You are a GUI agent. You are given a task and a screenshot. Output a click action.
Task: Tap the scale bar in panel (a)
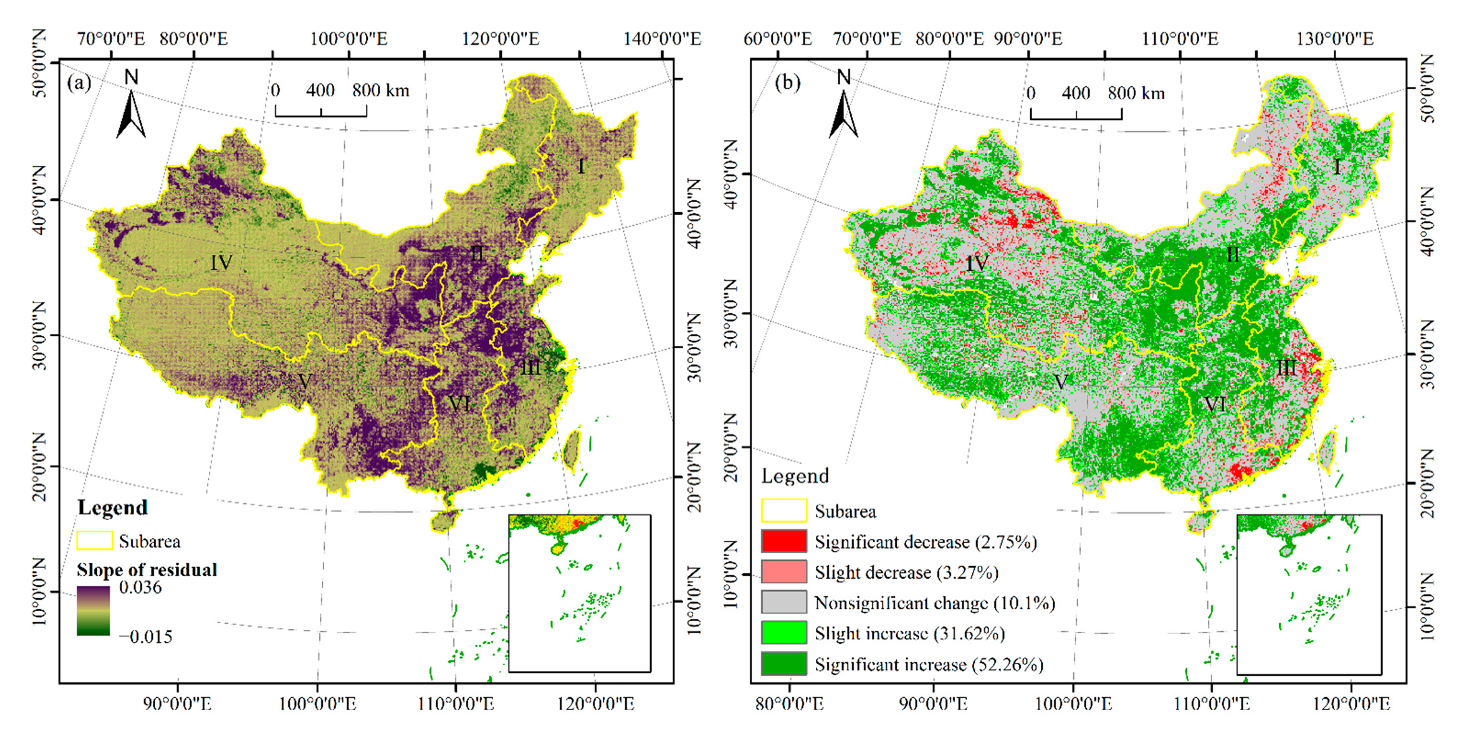point(321,111)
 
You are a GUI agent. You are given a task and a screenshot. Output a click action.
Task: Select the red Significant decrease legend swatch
point(784,541)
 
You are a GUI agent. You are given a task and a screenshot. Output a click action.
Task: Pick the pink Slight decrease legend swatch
point(784,572)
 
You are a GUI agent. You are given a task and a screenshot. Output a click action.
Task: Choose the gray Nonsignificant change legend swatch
point(784,602)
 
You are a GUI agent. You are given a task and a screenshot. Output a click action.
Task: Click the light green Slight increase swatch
point(784,633)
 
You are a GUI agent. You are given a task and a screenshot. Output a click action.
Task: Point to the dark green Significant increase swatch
point(784,664)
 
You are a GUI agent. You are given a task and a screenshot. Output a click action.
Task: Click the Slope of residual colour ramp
point(93,611)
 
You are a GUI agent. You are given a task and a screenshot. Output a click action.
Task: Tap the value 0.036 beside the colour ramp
point(140,587)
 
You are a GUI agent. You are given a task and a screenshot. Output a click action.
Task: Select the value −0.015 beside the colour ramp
point(146,637)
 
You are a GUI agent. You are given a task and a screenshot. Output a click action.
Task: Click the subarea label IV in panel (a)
point(221,263)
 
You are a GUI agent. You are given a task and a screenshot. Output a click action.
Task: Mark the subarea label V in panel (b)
point(1060,383)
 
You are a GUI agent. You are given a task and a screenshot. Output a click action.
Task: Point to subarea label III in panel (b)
point(1286,368)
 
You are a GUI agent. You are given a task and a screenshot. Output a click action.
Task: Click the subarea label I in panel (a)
point(581,166)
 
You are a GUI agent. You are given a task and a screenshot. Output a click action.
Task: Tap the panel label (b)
point(787,83)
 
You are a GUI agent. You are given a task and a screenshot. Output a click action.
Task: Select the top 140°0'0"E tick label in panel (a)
point(662,38)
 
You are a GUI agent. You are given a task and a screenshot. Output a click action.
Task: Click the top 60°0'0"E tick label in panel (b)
point(777,38)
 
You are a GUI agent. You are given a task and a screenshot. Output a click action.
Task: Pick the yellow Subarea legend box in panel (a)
point(94,541)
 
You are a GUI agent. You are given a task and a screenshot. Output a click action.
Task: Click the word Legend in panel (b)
point(795,476)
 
